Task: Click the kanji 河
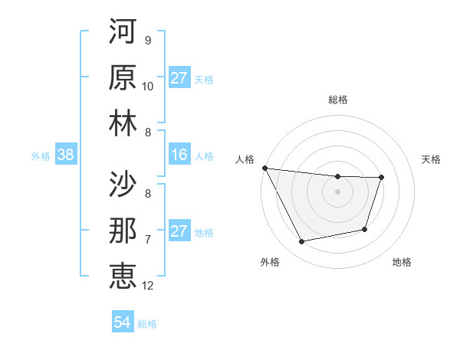pos(123,33)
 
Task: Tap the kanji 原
pos(123,78)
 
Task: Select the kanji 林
pos(123,123)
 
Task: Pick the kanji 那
pos(123,231)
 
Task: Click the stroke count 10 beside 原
pos(148,87)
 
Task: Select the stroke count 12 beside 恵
pos(148,286)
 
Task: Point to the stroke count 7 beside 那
pos(147,240)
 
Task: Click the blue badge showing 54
pos(122,323)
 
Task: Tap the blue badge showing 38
pos(65,155)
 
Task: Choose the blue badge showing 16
pos(179,155)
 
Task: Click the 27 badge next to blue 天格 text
pos(179,78)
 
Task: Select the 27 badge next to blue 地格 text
pos(179,231)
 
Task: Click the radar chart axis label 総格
pos(337,100)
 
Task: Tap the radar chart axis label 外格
pos(269,263)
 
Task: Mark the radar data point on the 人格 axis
pos(264,168)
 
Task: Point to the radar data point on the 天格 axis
pos(381,178)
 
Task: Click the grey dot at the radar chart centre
pos(337,191)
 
